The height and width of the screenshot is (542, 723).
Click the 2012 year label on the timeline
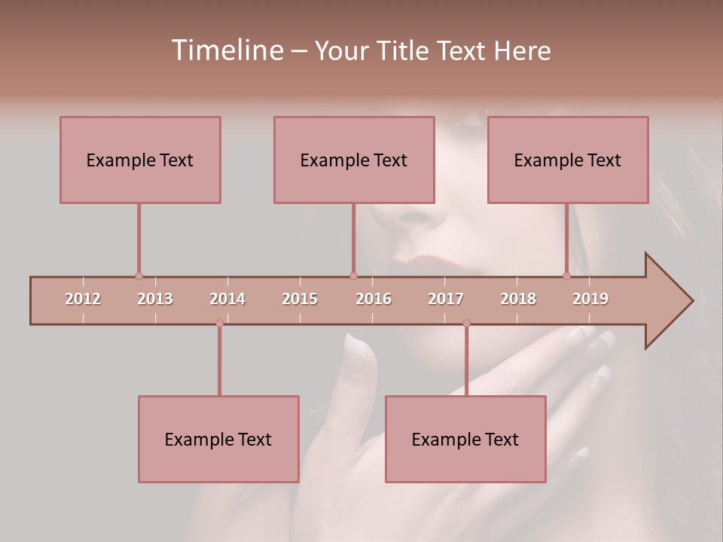coord(83,299)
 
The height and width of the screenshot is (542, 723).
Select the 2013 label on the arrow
coord(155,299)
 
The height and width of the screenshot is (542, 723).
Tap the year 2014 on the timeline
coord(227,299)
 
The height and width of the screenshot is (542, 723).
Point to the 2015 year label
coord(300,299)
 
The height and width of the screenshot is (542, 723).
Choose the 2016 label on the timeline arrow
coord(374,299)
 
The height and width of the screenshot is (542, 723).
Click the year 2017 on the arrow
coord(446,299)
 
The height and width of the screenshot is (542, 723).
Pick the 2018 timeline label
coord(518,299)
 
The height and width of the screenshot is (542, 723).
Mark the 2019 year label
coord(590,299)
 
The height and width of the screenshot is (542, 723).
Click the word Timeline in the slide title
coord(225,50)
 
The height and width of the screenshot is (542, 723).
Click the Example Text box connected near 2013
coord(140,160)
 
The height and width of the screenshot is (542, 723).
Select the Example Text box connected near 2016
coord(354,160)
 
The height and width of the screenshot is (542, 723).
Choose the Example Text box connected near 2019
coord(568,160)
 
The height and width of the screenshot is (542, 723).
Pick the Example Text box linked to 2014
coord(218,439)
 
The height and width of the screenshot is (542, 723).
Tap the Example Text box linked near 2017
coord(465,439)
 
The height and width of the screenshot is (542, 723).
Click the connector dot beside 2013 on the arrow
coord(139,276)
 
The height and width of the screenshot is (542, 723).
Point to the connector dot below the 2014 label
coord(219,323)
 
